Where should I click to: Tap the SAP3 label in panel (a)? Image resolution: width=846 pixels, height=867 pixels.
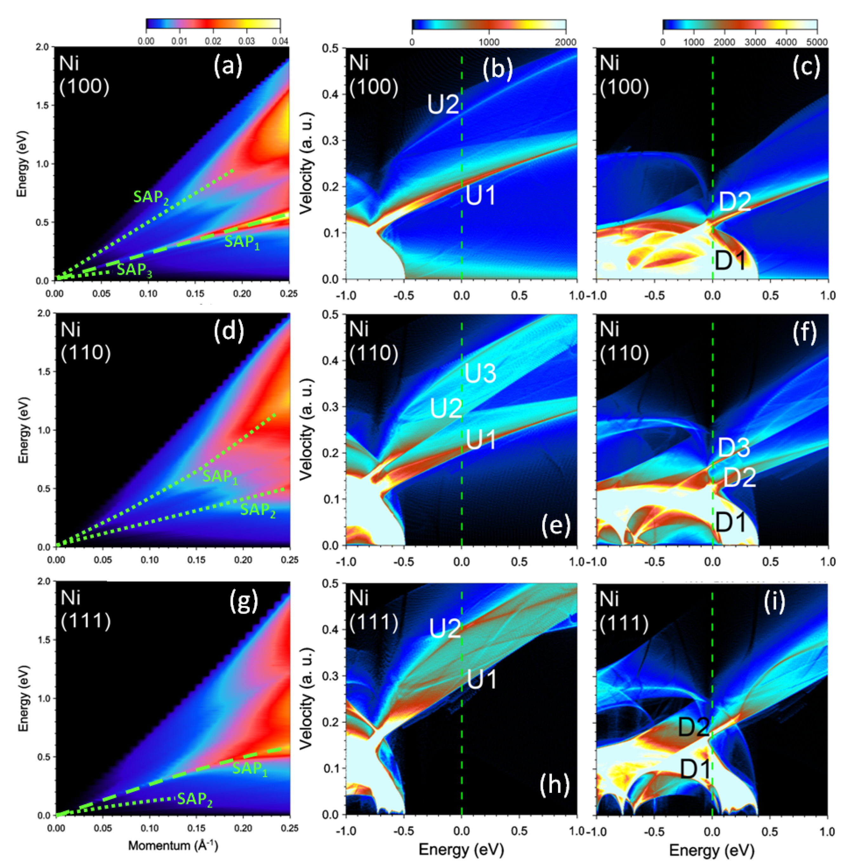coord(134,270)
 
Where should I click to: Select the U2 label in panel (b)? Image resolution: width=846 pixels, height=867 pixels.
coord(443,105)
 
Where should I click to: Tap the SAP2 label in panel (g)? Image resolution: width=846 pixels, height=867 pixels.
coord(195,799)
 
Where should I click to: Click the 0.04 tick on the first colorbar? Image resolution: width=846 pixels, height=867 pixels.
coord(280,41)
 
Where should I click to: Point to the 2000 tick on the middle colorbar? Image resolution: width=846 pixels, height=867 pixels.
coord(565,42)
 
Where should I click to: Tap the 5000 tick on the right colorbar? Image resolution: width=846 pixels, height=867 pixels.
coord(817,42)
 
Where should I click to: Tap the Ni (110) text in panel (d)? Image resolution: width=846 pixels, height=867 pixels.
coord(85,342)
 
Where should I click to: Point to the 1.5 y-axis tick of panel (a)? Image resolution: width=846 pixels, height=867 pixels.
coord(44,105)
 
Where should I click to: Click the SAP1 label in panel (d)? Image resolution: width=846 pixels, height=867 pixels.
coord(220,477)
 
